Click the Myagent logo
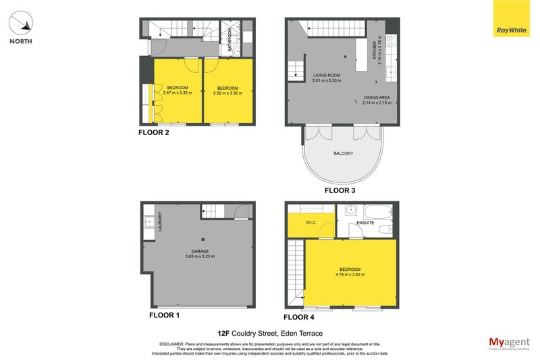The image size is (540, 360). [x=508, y=342]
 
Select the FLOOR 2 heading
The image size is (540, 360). [x=153, y=132]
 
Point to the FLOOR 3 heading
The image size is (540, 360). [x=340, y=190]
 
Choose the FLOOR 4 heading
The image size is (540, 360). [x=298, y=316]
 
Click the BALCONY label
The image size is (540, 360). [x=343, y=153]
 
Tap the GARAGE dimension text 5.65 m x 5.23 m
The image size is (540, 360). [x=202, y=257]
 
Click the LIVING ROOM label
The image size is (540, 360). [x=325, y=75]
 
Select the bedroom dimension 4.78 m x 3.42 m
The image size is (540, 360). [x=350, y=275]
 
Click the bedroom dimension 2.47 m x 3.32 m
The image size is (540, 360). [x=178, y=93]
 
